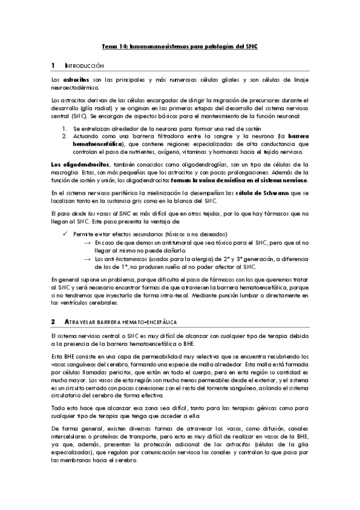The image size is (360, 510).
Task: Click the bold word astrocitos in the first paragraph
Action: point(76,79)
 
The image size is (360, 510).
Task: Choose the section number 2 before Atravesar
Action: point(53,322)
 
